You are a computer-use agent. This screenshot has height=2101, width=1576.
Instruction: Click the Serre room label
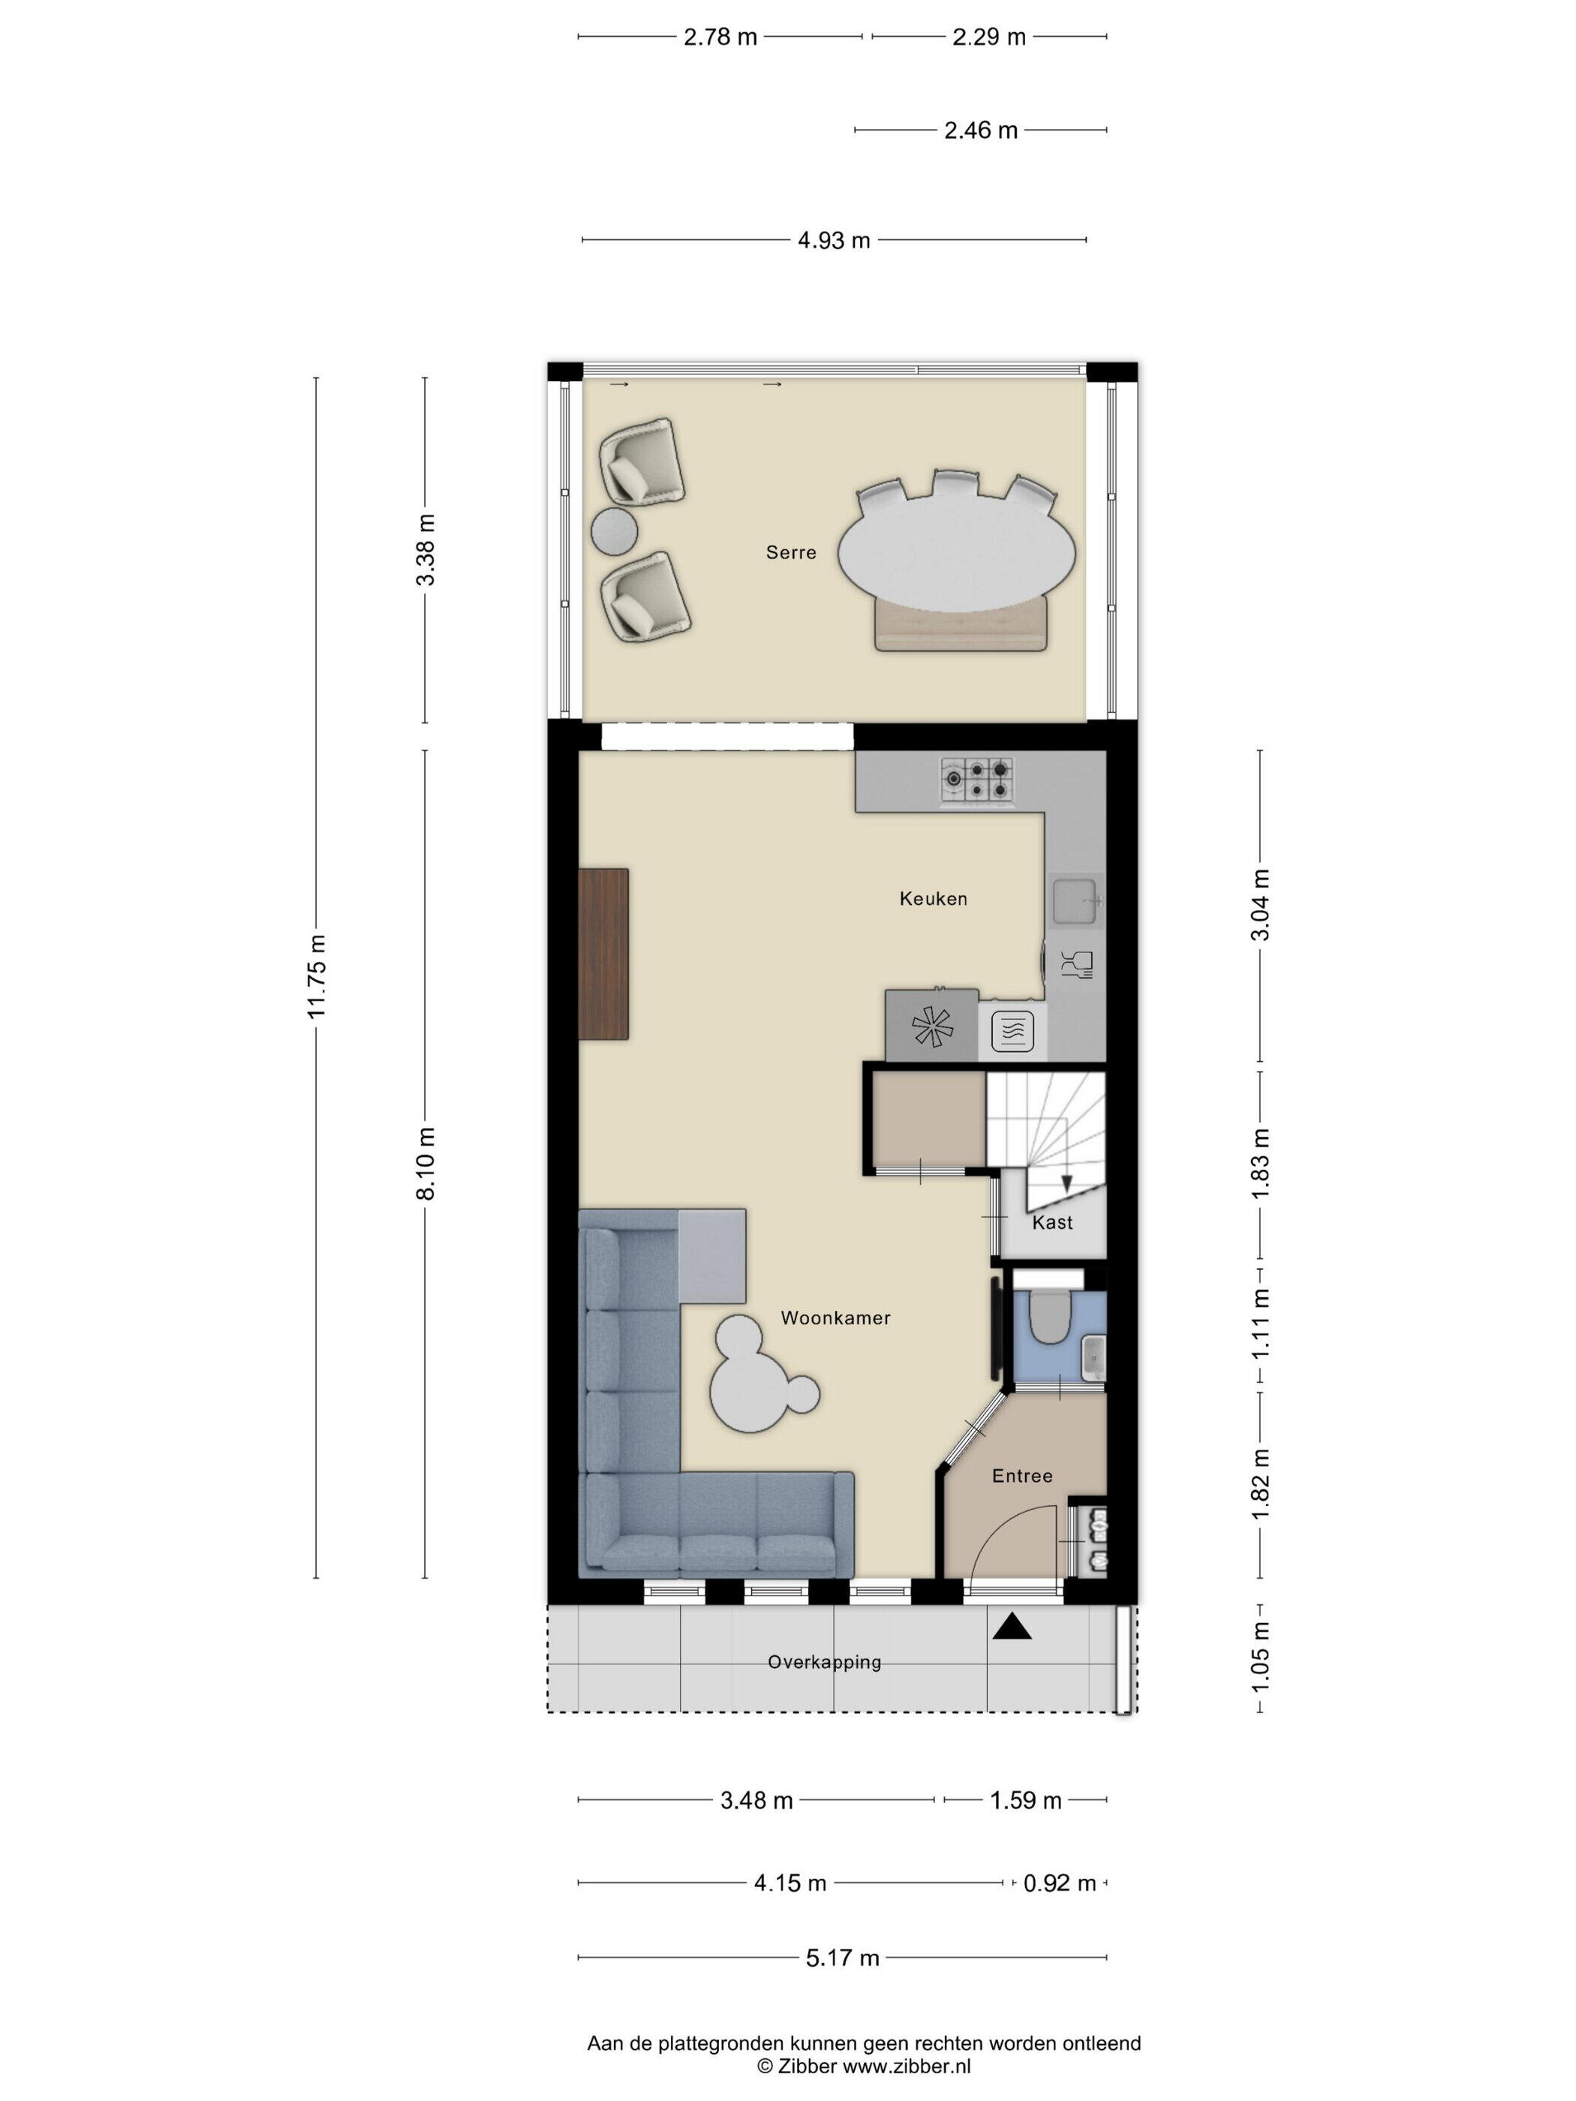coord(790,552)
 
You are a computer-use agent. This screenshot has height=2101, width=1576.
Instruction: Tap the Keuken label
coord(933,898)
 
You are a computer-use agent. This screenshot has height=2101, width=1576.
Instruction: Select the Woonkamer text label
coord(835,1318)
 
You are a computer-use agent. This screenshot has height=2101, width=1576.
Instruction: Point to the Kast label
coord(1051,1222)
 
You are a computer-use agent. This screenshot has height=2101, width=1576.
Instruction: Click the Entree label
coord(1022,1475)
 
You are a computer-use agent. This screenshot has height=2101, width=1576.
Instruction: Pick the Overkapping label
coord(823,1661)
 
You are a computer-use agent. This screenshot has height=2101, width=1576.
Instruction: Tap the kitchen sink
coord(1076,900)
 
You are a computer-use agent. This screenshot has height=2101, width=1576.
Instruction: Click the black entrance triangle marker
coord(1012,1628)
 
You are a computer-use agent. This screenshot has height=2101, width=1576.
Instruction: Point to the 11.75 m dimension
coord(317,975)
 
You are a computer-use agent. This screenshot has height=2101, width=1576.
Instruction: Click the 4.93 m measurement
coord(833,240)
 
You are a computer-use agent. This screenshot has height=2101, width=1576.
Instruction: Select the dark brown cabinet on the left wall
coord(603,953)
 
